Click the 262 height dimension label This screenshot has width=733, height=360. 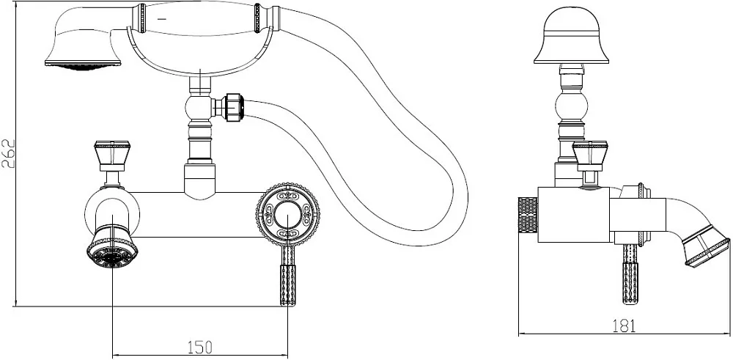[x=9, y=153]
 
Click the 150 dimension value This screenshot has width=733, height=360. [x=200, y=347]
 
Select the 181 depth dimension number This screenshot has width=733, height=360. [x=624, y=326]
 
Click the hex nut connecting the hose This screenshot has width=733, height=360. [x=233, y=107]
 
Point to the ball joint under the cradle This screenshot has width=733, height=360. [x=199, y=107]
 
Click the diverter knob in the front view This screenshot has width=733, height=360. [x=112, y=155]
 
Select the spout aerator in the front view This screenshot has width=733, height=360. [x=111, y=249]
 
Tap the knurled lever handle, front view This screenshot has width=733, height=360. [x=288, y=276]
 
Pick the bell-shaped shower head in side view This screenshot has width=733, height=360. [x=571, y=35]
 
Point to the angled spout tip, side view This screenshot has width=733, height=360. [x=706, y=246]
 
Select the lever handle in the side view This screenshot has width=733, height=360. [x=630, y=274]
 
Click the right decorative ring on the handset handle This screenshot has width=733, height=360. [x=257, y=18]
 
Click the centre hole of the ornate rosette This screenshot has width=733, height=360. [x=288, y=214]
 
